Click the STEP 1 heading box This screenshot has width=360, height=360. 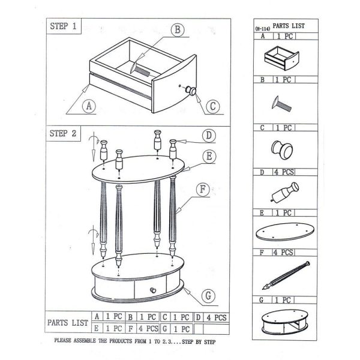point(64,26)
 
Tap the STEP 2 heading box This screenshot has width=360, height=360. point(64,133)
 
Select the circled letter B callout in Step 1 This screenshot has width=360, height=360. point(178,29)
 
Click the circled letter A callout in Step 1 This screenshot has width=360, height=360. point(89,106)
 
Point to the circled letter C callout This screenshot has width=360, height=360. point(213,106)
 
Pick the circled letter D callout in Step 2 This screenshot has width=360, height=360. point(209,136)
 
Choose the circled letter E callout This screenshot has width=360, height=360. point(209,157)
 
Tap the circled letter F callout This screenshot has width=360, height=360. point(203,190)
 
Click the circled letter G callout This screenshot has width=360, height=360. point(208,296)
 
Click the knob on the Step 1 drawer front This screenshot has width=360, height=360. point(191,91)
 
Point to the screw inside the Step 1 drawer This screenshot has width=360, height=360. point(140,68)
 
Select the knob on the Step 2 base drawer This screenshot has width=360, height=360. point(152,290)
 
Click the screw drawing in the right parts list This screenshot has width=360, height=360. point(281,104)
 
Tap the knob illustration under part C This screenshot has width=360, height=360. point(282,150)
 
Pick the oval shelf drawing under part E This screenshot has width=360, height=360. point(285,232)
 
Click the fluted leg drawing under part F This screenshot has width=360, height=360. point(286,275)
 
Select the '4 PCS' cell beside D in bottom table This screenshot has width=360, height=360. point(216,317)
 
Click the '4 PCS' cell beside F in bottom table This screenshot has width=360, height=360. point(148,329)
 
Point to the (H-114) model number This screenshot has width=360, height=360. point(262,29)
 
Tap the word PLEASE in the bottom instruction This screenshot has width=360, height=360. point(62,340)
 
